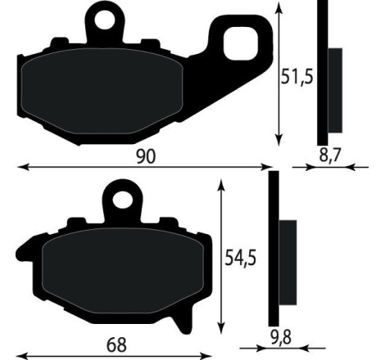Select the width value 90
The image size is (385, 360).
coord(147,155)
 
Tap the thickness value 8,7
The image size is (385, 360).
coord(329,153)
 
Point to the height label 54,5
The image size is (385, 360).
coord(241,258)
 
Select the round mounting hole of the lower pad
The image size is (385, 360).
coord(122,198)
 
